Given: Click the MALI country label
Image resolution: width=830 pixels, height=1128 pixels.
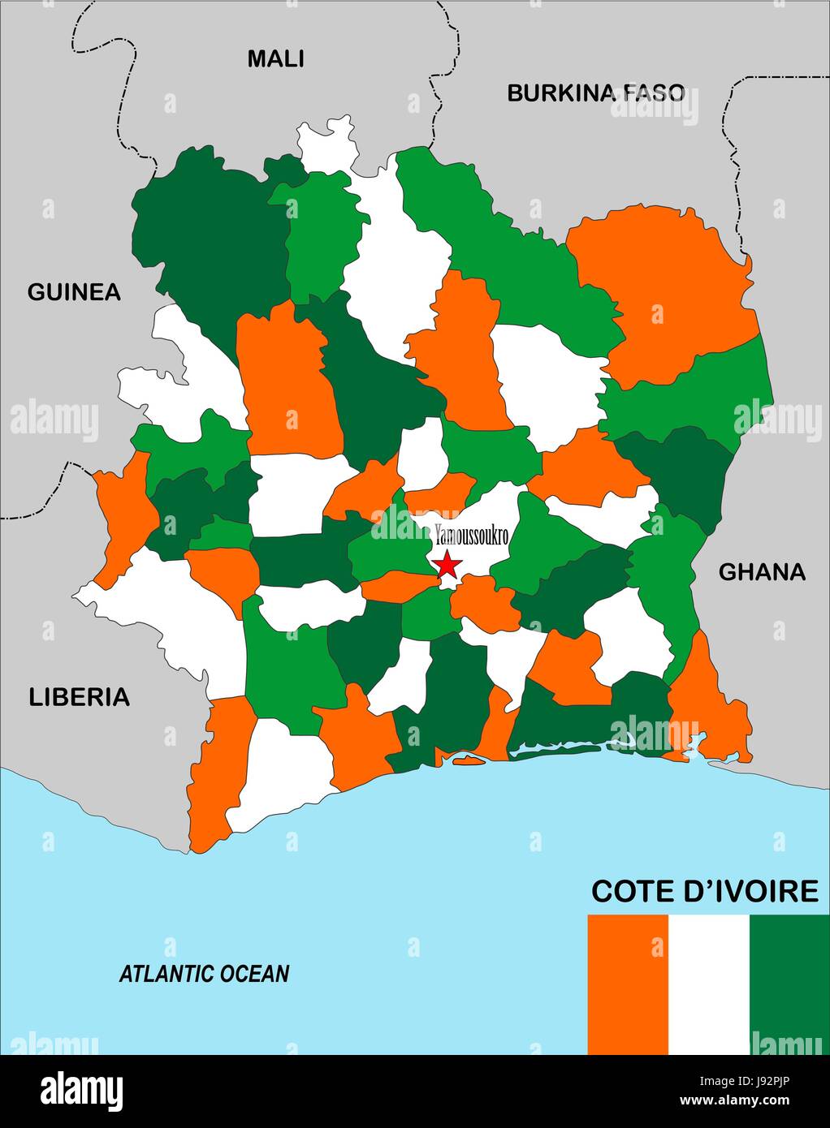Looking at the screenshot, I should point(275,58).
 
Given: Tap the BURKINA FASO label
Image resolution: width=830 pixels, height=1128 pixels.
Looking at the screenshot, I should point(596,93).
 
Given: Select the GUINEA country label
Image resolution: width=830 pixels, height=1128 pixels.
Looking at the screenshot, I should point(74,292).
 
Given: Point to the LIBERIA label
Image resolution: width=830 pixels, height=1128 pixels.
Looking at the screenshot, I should point(80,696).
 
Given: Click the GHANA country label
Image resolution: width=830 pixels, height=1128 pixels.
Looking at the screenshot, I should point(762,572).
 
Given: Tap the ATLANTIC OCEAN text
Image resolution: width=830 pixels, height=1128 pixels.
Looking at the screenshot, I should point(204,973).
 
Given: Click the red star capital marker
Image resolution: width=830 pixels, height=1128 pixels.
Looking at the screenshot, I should point(447,565).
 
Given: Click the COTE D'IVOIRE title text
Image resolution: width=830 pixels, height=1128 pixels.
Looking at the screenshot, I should point(704,891).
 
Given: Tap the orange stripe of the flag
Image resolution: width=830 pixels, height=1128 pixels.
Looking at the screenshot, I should point(627,984).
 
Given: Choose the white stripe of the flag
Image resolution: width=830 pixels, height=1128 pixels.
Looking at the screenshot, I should point(708,984).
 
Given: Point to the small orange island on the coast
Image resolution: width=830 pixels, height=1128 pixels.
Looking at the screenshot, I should point(468,760).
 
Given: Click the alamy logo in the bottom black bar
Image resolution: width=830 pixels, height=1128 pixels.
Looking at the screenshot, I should point(81,1090).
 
